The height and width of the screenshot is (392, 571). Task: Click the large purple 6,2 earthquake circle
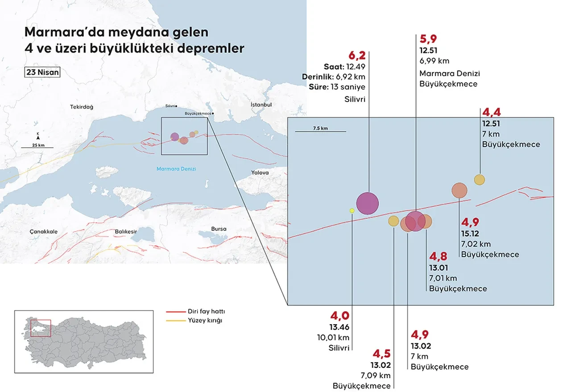[368, 203]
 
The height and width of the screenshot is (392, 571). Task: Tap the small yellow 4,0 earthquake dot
[352, 210]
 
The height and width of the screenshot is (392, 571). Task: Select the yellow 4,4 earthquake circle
[479, 179]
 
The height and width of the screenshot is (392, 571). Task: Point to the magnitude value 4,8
[438, 257]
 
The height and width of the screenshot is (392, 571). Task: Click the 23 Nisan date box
[42, 73]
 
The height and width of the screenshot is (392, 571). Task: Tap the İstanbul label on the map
[261, 104]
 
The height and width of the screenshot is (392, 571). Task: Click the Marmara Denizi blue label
[176, 169]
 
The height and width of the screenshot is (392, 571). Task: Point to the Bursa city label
[218, 229]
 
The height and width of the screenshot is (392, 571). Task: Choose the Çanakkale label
[44, 232]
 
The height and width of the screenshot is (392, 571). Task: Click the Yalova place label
[260, 172]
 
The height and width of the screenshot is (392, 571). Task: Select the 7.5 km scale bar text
[320, 128]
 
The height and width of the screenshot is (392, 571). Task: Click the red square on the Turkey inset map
[41, 328]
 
